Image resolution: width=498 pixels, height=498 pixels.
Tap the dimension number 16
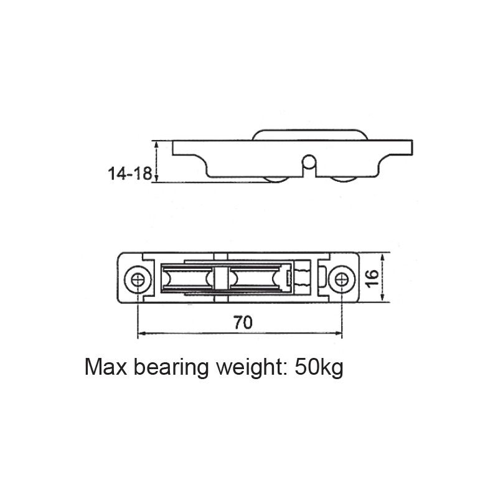coord(372,278)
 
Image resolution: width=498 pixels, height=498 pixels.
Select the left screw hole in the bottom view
coord(138,278)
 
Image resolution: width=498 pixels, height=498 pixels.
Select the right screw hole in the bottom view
coord(340,278)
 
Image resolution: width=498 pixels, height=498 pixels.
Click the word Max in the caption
coord(105,367)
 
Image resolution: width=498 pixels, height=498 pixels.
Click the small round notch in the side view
coord(308,163)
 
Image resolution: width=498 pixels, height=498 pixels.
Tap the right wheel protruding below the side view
coord(344,180)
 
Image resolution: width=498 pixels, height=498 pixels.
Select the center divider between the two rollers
coord(220,278)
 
